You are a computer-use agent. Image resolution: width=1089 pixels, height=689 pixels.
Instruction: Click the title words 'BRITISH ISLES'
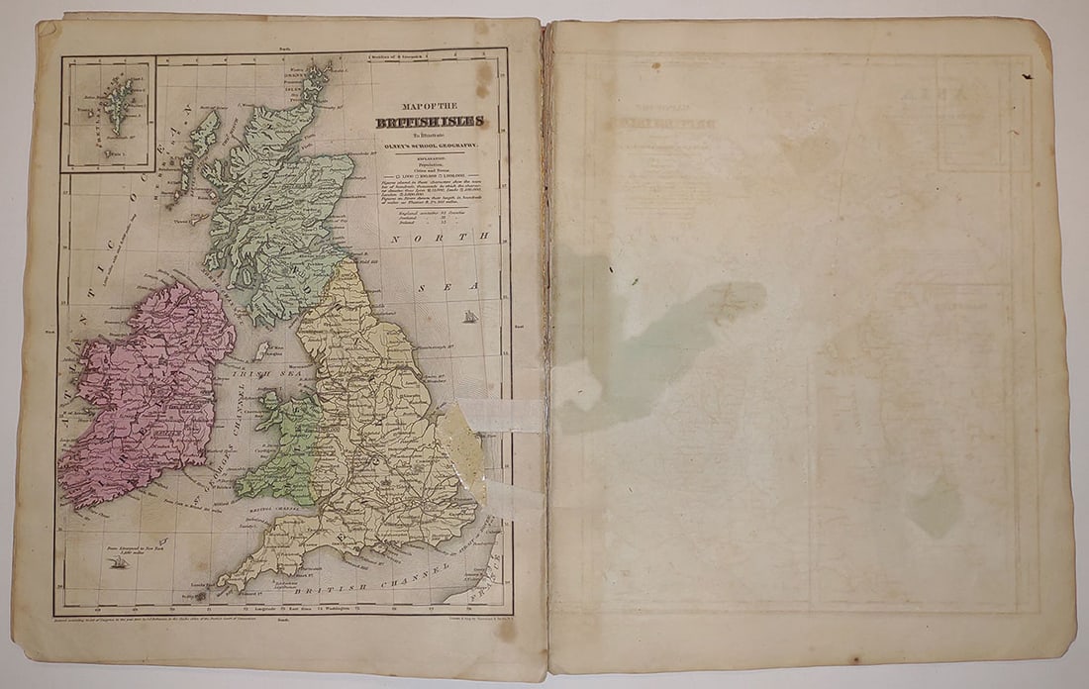(x=430, y=122)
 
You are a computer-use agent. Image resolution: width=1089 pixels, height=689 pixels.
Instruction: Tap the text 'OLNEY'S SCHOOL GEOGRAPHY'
(x=430, y=145)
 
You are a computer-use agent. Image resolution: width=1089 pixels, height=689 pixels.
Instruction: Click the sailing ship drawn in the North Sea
(x=470, y=317)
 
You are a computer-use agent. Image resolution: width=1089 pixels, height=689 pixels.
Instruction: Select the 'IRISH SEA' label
(x=256, y=375)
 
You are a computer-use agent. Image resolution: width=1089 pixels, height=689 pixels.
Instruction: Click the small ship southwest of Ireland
(x=120, y=562)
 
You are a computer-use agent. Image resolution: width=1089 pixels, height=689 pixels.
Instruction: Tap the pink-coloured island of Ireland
(x=148, y=396)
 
